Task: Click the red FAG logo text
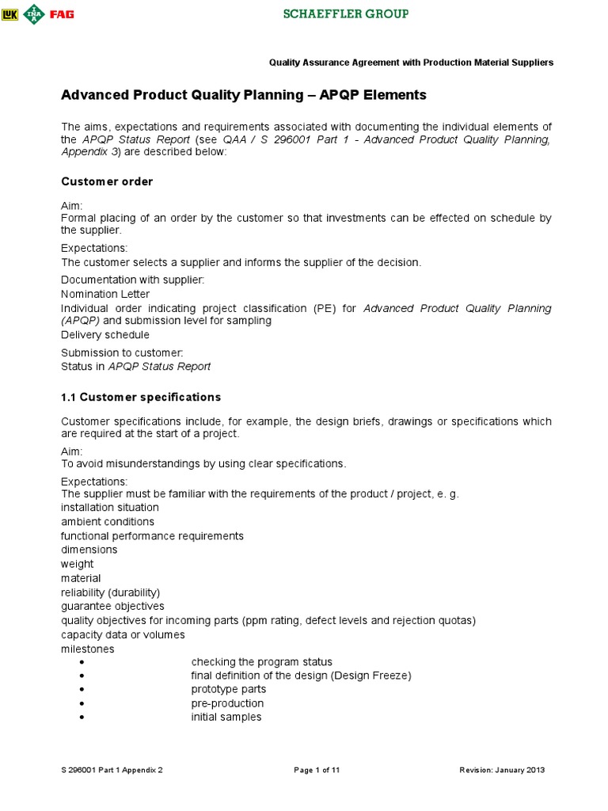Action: pos(61,14)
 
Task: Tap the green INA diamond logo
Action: pos(33,13)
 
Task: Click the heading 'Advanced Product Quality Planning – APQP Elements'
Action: pos(244,95)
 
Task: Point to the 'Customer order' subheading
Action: pos(107,181)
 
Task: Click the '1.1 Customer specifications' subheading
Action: pos(141,397)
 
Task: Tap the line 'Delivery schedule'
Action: pos(105,335)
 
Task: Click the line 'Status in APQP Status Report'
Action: pos(136,367)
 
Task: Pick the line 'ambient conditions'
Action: pos(108,522)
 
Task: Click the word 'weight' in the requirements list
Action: pos(77,564)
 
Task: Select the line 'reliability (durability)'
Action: pos(111,592)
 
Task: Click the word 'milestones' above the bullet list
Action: pos(87,649)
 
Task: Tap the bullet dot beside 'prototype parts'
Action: pos(82,690)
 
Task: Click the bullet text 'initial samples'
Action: pos(226,718)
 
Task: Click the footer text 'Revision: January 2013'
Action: pos(502,770)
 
